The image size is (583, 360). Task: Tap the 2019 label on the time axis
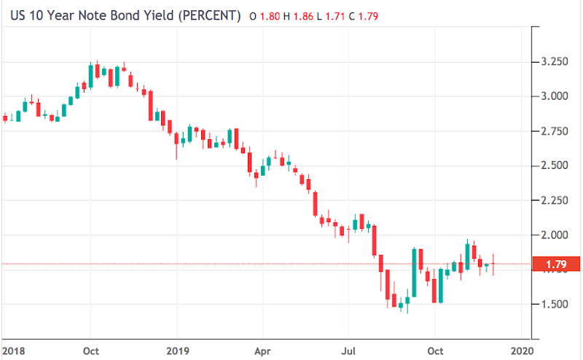click(178, 350)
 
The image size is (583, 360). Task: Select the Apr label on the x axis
click(262, 350)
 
